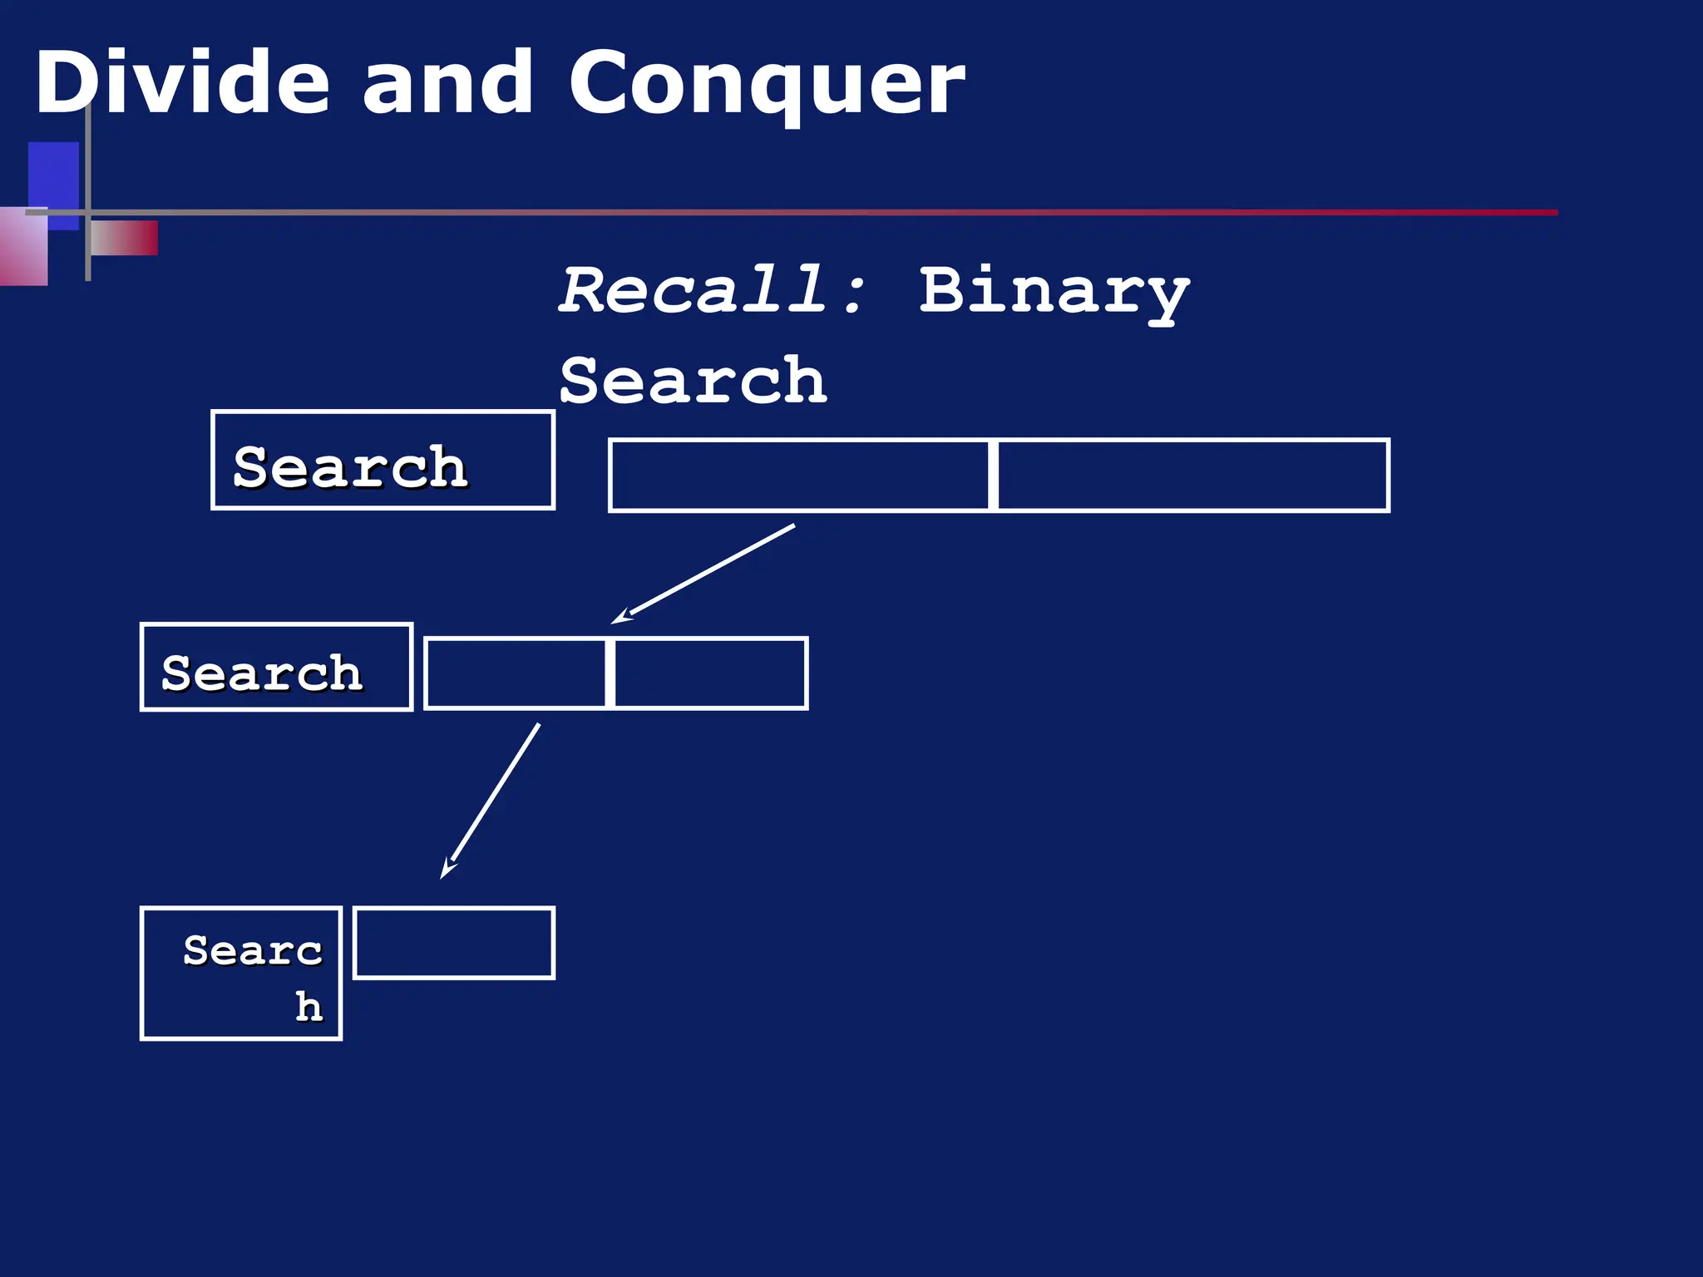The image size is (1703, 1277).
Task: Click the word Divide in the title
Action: [x=181, y=83]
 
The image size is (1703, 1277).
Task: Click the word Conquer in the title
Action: [x=766, y=83]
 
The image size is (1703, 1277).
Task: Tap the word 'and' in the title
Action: [x=447, y=83]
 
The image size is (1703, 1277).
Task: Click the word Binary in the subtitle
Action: [x=1054, y=290]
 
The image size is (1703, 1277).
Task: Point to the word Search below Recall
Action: [x=693, y=380]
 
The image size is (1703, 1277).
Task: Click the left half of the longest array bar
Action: [x=799, y=476]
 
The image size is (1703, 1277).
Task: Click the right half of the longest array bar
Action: [x=1192, y=476]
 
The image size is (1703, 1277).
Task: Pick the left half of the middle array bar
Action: [x=516, y=673]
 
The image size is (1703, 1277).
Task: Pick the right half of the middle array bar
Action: [x=710, y=673]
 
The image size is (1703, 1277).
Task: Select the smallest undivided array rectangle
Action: [x=454, y=944]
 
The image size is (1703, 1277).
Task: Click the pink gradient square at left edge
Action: [x=22, y=248]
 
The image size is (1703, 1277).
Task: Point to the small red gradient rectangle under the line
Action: [x=125, y=239]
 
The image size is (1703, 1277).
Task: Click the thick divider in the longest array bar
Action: [x=993, y=476]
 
